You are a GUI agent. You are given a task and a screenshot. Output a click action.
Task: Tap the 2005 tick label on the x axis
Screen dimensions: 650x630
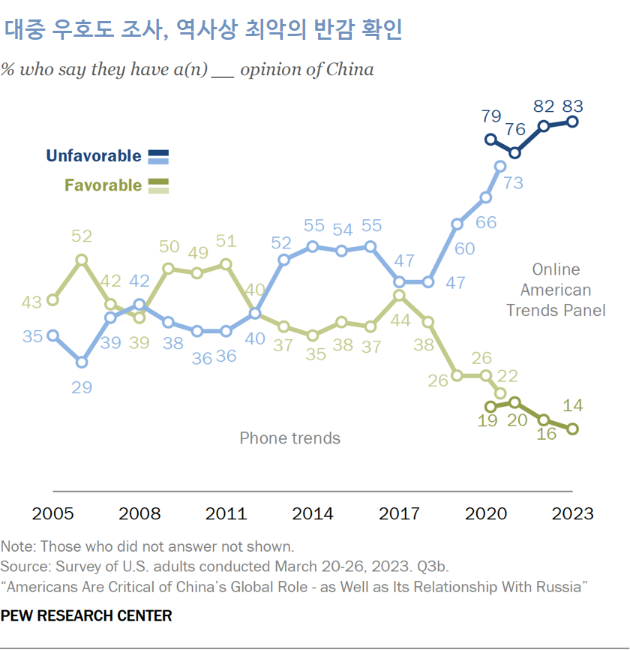click(x=52, y=513)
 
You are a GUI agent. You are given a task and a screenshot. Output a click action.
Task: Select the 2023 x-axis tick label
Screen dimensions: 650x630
click(x=572, y=513)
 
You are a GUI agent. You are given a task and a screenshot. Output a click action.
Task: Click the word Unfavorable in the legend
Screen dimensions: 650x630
click(x=94, y=156)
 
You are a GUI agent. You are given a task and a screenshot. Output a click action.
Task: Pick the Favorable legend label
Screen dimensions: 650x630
click(x=103, y=185)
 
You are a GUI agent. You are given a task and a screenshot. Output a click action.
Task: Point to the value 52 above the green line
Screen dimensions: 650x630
click(x=82, y=236)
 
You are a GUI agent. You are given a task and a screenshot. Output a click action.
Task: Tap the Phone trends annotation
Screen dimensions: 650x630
click(x=289, y=438)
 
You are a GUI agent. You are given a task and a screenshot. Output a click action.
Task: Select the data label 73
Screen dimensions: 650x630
click(x=513, y=182)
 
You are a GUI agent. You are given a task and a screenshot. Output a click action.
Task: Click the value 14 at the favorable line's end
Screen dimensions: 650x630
click(x=572, y=406)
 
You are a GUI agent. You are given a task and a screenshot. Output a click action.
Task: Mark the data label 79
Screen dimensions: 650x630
click(x=490, y=116)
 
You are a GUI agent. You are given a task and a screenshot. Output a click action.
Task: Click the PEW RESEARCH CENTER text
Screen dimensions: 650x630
click(x=86, y=615)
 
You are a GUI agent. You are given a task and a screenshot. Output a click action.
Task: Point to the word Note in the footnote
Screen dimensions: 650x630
click(x=16, y=546)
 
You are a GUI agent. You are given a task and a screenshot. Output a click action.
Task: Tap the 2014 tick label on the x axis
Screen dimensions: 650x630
click(x=313, y=513)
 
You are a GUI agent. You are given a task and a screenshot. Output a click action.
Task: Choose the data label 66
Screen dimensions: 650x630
click(x=486, y=222)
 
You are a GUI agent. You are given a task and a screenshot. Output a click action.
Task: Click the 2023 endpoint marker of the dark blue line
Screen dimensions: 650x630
click(x=572, y=122)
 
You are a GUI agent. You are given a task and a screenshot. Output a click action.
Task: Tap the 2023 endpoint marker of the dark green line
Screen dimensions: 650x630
click(x=572, y=429)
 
